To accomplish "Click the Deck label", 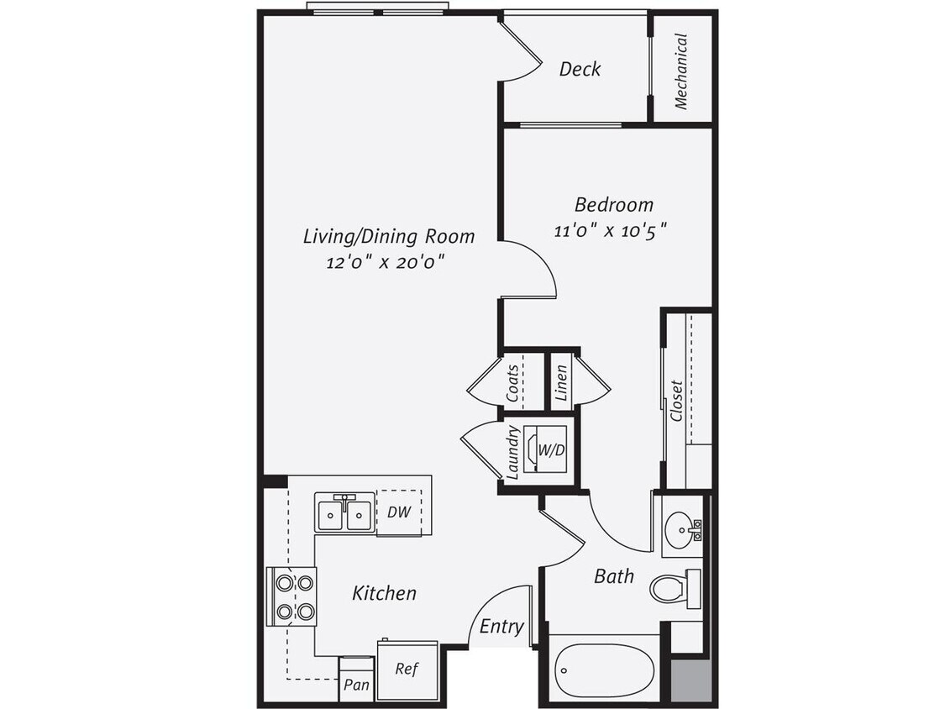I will coord(580,69).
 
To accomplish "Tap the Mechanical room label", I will coord(680,71).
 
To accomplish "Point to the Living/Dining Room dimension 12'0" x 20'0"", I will coord(386,262).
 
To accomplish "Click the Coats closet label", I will coord(512,382).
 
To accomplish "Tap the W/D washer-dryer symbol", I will coord(545,450).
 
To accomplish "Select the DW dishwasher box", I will coord(398,512).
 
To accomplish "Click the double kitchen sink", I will coord(344,512).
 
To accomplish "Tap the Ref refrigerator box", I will coord(407,670).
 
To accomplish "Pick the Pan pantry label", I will coord(357,685).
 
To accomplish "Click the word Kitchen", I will coord(384,593).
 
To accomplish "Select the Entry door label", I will coord(501,627).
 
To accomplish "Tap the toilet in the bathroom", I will coord(673,587).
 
